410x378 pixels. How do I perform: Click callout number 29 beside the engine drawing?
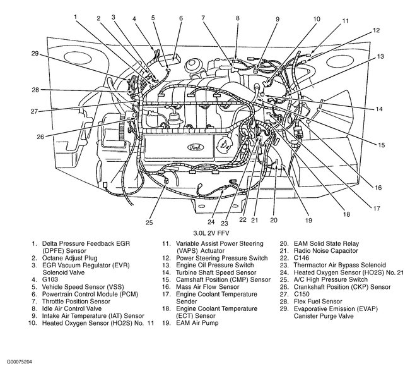36,53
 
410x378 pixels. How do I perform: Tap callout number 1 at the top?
76,16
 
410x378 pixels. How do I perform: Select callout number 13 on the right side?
380,57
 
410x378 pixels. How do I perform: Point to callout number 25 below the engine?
149,222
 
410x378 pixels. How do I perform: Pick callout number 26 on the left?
40,136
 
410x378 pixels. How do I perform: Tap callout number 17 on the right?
376,207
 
